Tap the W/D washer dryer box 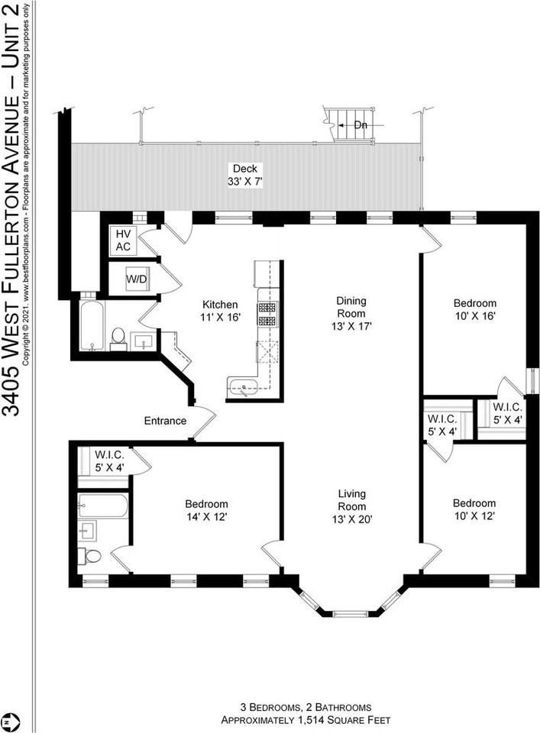click(x=137, y=279)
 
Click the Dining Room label click(x=351, y=307)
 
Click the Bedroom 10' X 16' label click(x=474, y=309)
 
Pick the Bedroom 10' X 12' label click(x=474, y=509)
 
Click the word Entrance click(x=165, y=421)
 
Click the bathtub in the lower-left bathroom click(x=102, y=505)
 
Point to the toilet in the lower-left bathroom click(x=91, y=557)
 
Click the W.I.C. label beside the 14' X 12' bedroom click(x=109, y=460)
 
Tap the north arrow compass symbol click(x=8, y=720)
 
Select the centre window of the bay click(x=351, y=613)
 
